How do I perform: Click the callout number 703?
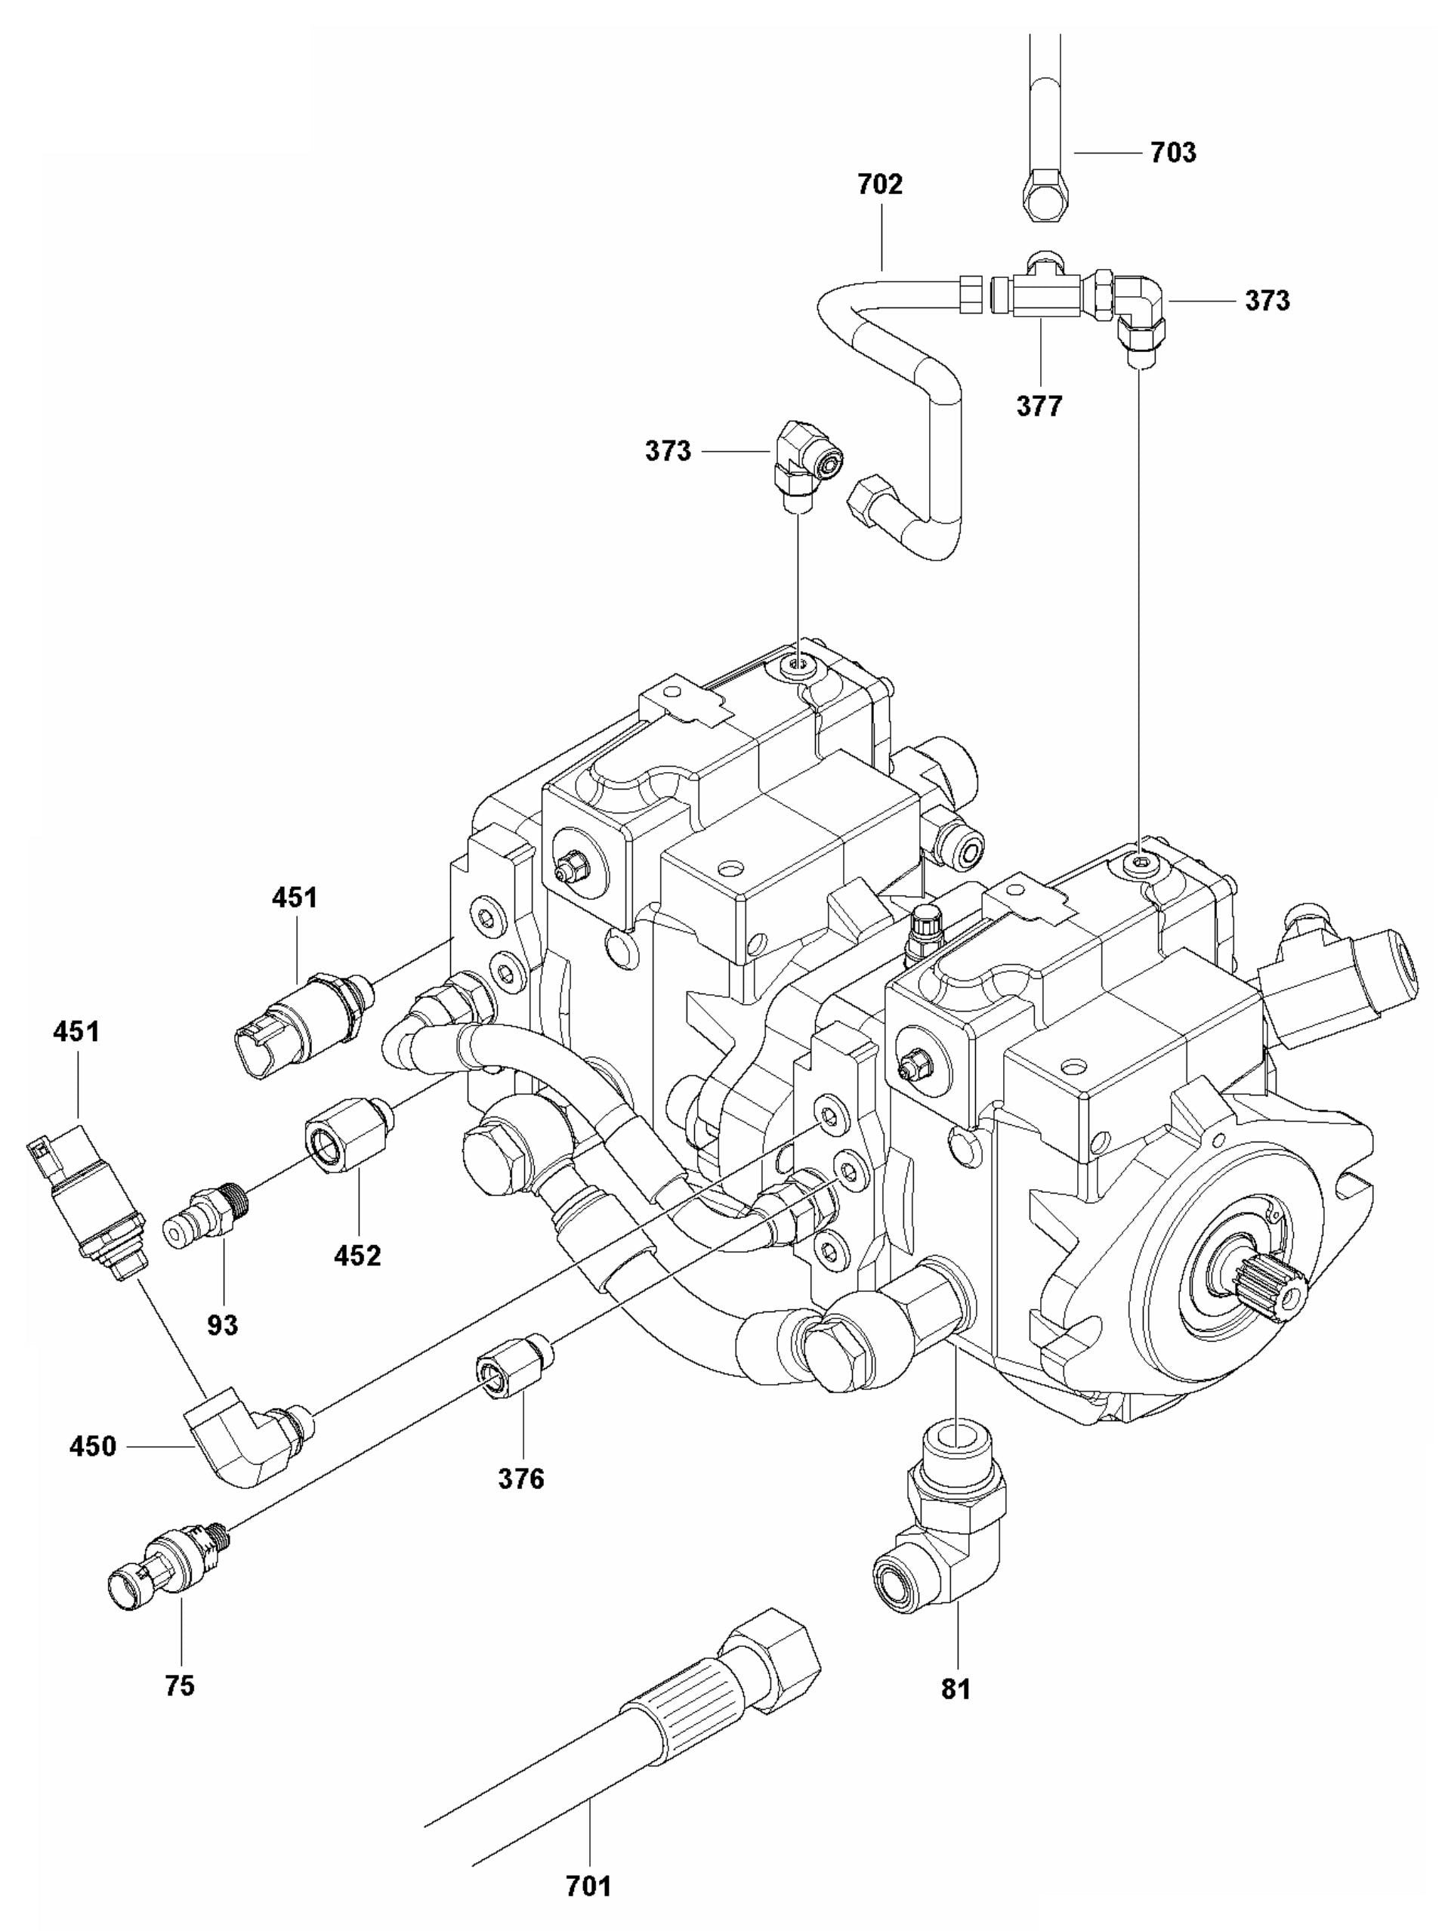pos(1173,153)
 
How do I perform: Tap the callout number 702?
pos(879,184)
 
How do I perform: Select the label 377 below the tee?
pos(1039,406)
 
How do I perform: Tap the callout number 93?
pos(222,1324)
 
